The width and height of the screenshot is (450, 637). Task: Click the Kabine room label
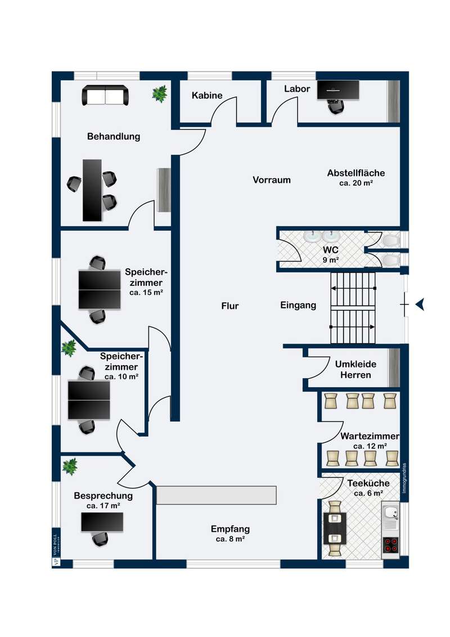point(207,96)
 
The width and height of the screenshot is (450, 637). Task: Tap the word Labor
point(297,89)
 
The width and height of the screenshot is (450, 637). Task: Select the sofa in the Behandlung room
point(106,95)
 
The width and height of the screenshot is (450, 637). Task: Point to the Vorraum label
point(272,180)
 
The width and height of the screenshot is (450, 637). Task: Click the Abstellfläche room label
point(356,173)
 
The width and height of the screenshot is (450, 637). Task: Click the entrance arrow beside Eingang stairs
point(420,304)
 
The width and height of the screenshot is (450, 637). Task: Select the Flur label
point(230,306)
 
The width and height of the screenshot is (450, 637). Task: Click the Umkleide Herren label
point(356,369)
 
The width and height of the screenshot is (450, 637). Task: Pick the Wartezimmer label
point(370,436)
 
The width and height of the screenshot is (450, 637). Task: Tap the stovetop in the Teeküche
point(390,545)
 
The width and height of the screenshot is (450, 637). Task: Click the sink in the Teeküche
point(390,513)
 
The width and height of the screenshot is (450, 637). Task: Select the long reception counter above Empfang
point(217,495)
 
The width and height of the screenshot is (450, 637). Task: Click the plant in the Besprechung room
point(70,466)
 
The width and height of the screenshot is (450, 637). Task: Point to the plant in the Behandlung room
point(160,93)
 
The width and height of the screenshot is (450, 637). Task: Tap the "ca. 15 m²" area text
point(145,293)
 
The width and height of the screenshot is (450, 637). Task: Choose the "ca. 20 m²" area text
point(357,183)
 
